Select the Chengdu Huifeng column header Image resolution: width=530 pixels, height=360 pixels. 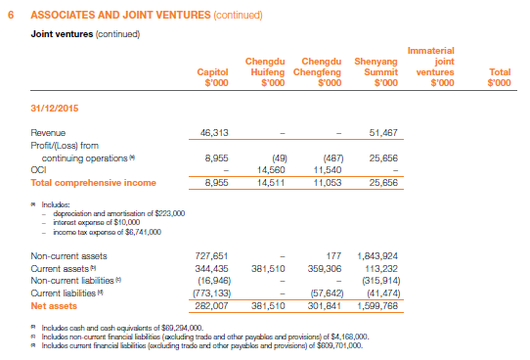[267, 70]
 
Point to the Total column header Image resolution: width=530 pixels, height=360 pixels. [499, 76]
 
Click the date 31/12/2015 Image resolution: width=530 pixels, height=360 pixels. [55, 107]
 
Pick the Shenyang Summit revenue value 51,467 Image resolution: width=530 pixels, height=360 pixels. [380, 131]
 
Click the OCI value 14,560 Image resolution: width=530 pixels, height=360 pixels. [270, 169]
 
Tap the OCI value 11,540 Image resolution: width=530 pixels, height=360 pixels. [325, 169]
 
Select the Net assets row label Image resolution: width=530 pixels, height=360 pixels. [54, 305]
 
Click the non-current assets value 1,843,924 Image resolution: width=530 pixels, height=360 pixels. [376, 254]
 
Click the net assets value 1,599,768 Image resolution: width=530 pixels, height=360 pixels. [376, 305]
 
